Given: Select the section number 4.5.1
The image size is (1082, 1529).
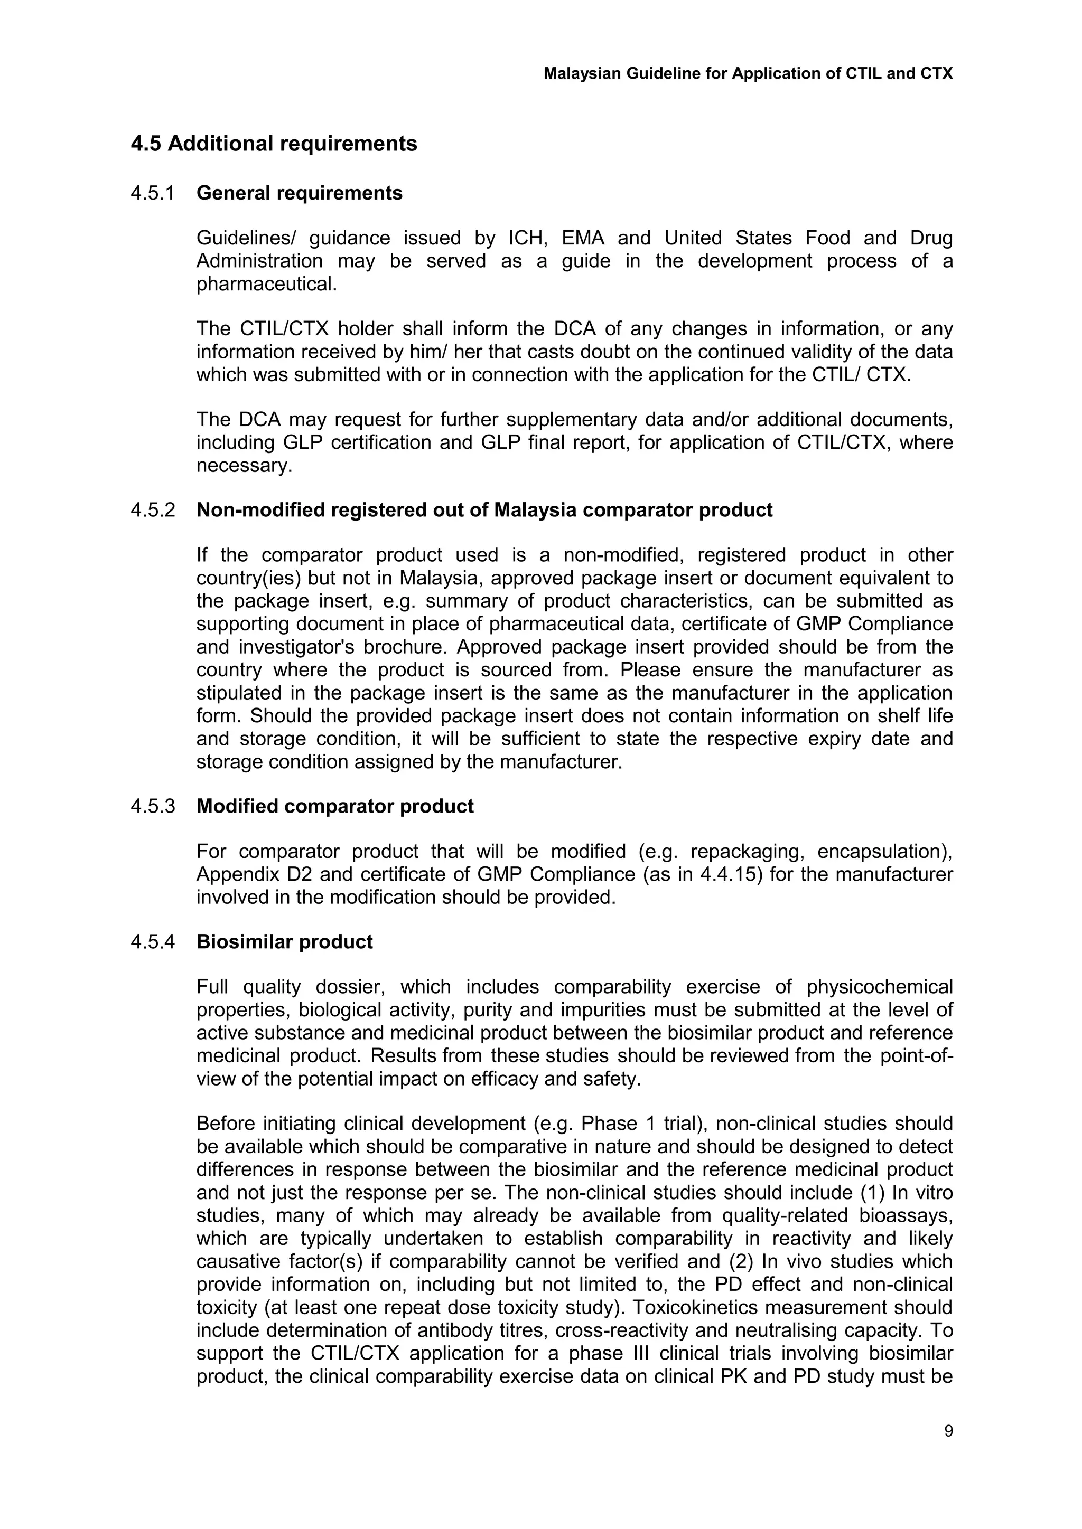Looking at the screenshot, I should tap(153, 193).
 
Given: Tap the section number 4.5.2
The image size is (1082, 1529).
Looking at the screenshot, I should tap(153, 510).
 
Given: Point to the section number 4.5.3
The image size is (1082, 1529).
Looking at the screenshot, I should tap(153, 806).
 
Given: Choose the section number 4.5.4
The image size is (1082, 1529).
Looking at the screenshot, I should tap(153, 942).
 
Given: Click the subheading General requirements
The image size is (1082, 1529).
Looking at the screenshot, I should tap(299, 193).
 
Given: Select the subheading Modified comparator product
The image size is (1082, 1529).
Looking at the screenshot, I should tap(334, 806).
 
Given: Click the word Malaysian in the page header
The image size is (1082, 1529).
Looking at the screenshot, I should tap(582, 73).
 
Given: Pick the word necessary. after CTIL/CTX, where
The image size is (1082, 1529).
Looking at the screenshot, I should tap(244, 466).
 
